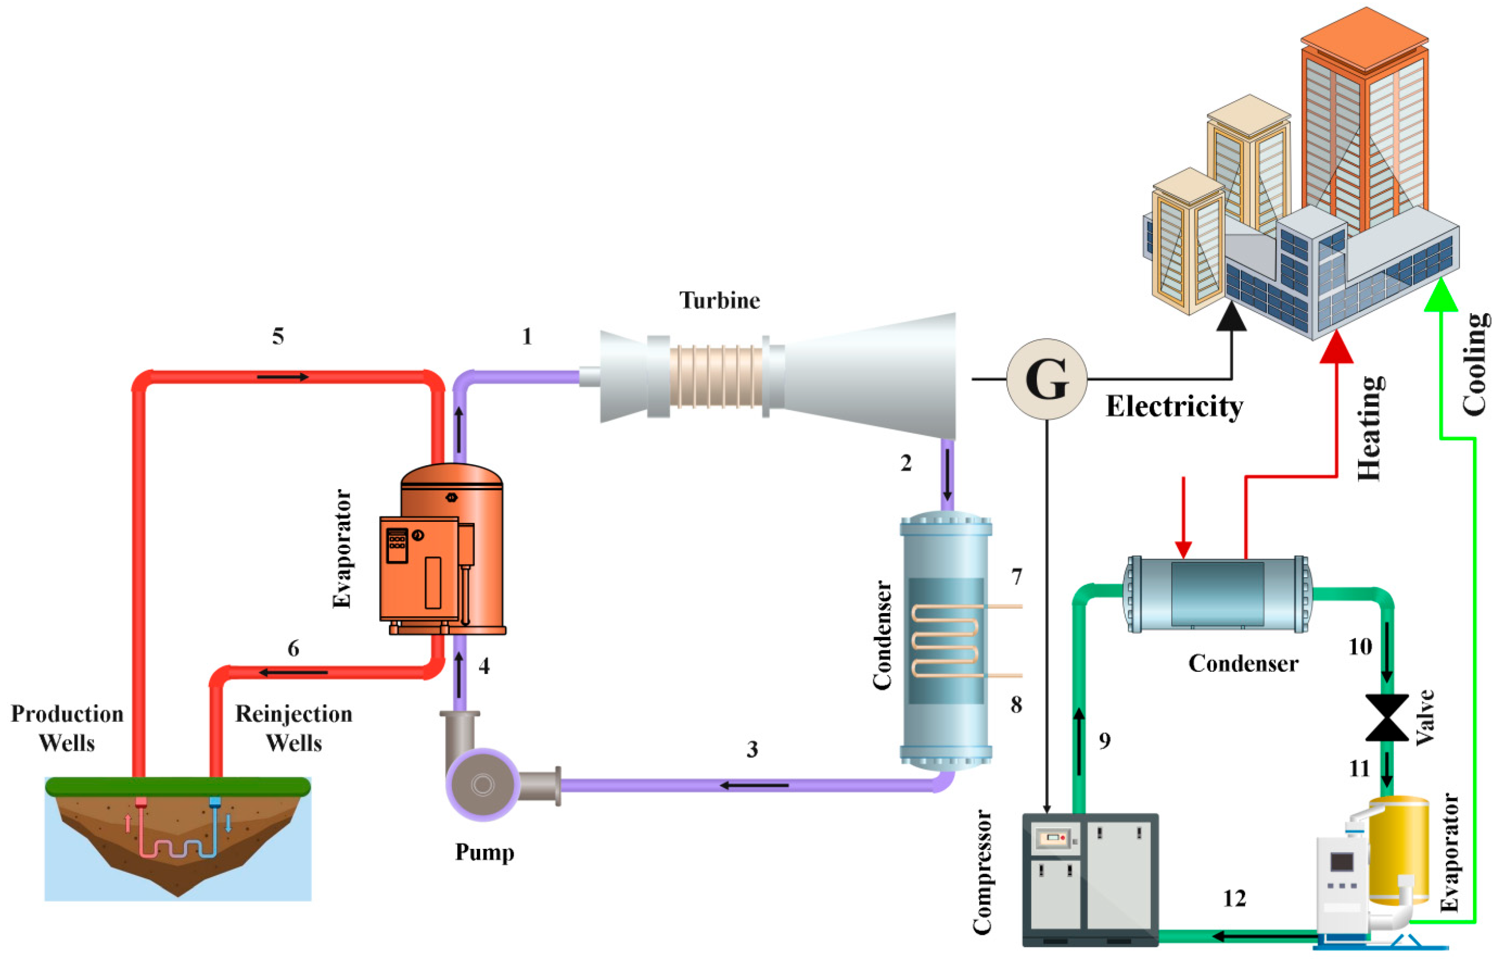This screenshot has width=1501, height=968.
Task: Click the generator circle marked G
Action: coord(1046,379)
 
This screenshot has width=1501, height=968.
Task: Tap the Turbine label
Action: coord(720,300)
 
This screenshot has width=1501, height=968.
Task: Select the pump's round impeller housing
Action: coord(482,784)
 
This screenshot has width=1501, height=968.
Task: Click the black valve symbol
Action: coord(1387,717)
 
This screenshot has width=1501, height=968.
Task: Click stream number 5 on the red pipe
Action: coord(278,336)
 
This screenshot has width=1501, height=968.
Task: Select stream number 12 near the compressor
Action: coord(1235,898)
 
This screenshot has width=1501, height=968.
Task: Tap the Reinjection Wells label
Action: coord(294,728)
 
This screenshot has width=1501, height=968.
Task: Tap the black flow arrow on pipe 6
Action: coord(294,672)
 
